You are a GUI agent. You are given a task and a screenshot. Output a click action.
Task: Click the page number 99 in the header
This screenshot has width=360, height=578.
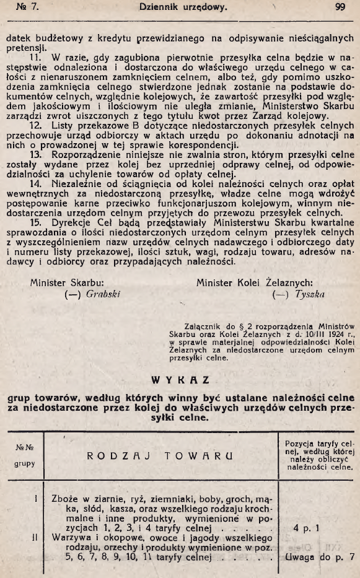(340, 7)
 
